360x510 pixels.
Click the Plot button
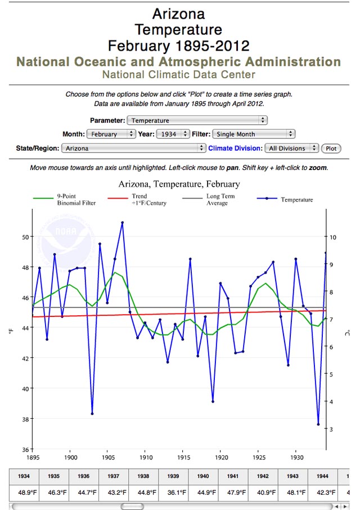(331, 149)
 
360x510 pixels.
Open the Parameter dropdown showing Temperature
(197, 120)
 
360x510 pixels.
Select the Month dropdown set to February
(111, 134)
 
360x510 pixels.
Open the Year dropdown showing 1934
(175, 134)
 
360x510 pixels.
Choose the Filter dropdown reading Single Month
(253, 134)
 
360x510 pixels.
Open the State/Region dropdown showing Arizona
(133, 149)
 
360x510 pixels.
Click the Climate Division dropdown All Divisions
(292, 149)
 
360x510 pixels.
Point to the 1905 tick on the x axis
(107, 457)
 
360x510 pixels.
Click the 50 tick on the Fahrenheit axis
(25, 237)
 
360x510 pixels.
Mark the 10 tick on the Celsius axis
(333, 237)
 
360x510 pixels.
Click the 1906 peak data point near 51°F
(122, 223)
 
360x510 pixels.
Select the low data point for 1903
(92, 414)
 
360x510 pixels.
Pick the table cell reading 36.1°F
(174, 493)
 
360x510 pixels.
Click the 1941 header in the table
(233, 476)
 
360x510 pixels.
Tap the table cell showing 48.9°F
(24, 493)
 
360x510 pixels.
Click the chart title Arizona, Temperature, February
(179, 184)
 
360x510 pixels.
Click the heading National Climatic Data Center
(179, 74)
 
